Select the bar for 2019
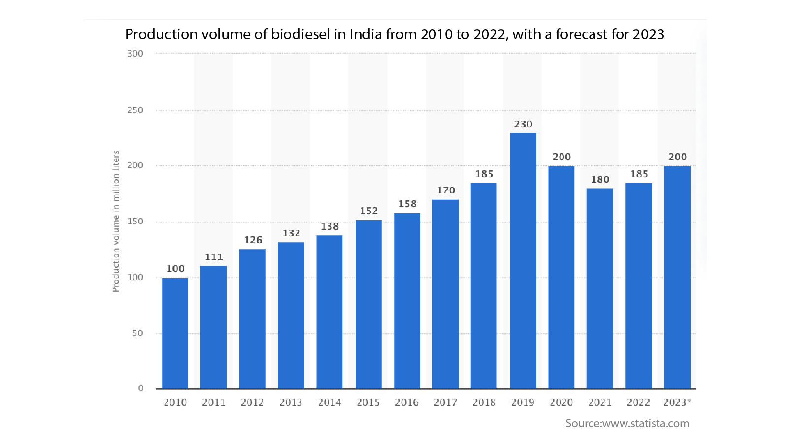click(x=523, y=261)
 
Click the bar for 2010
click(x=175, y=333)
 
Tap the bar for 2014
click(x=329, y=312)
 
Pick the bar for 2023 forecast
click(x=677, y=278)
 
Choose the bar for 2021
click(x=600, y=288)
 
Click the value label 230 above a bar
click(x=523, y=125)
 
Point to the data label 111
click(x=214, y=257)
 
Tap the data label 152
click(x=369, y=211)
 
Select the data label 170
click(x=446, y=191)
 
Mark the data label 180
click(x=600, y=180)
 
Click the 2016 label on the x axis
click(x=407, y=403)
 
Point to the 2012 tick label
click(x=252, y=403)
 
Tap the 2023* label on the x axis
click(x=677, y=403)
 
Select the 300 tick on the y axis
click(x=135, y=54)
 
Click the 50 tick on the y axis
click(x=138, y=333)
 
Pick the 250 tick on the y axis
click(x=135, y=110)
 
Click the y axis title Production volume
click(x=116, y=222)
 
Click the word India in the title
click(x=366, y=34)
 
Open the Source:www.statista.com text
click(x=627, y=424)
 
